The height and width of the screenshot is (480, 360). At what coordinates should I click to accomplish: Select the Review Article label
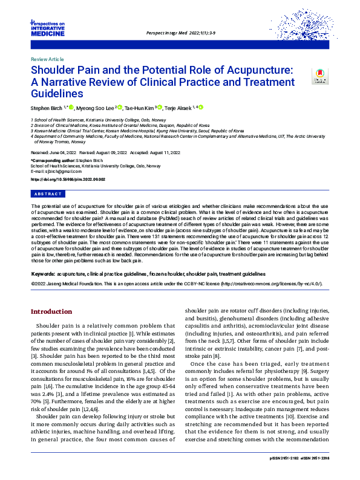click(46, 60)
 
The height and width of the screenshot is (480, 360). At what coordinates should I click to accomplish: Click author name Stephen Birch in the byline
click(47, 108)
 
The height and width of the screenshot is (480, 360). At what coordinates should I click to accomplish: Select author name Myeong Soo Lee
click(96, 108)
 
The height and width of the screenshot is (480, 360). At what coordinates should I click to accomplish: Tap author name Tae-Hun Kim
click(140, 108)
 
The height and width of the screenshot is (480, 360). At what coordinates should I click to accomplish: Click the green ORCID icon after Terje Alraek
click(201, 108)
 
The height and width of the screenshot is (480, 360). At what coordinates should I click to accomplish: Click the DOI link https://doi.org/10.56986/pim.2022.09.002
click(68, 180)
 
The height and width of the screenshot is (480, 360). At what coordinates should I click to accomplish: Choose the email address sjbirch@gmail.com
click(57, 173)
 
